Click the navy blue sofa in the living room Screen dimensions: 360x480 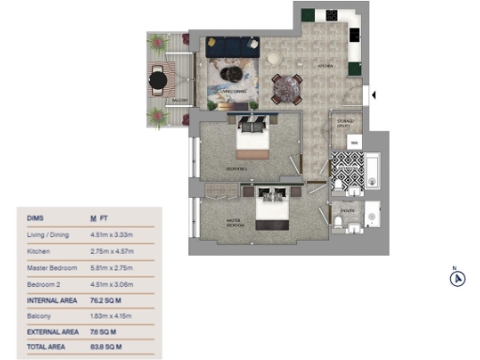pyautogui.click(x=232, y=46)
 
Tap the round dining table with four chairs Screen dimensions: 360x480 pyautogui.click(x=287, y=87)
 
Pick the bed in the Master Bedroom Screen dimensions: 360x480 pyautogui.click(x=274, y=210)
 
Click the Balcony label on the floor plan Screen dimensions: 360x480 pyautogui.click(x=180, y=99)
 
